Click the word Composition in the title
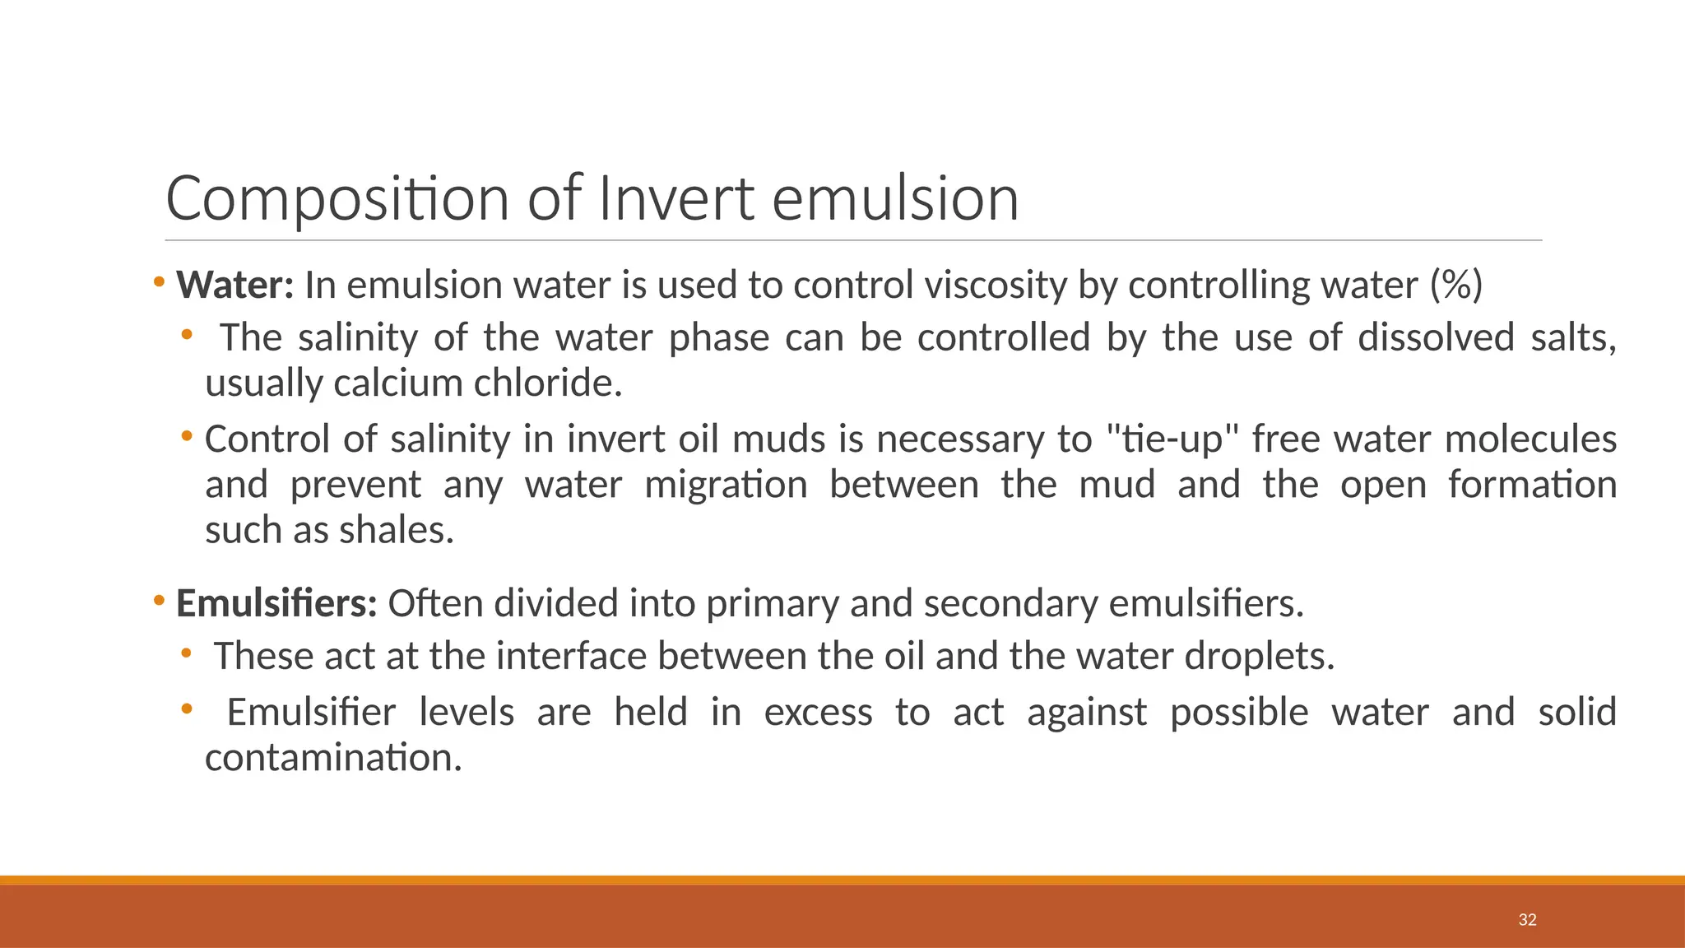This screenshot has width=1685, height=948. [x=337, y=199]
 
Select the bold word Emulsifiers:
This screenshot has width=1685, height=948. [x=276, y=604]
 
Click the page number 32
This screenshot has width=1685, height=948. [x=1527, y=920]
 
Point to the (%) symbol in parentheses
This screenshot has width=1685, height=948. [x=1455, y=286]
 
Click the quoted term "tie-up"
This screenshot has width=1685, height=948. [x=1172, y=439]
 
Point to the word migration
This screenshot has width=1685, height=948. [x=726, y=485]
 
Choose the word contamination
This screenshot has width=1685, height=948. [x=333, y=758]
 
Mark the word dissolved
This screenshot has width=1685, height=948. [x=1436, y=338]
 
